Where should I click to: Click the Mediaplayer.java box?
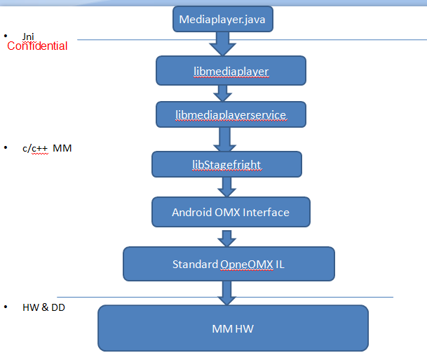[223, 19]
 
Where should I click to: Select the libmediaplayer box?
[231, 71]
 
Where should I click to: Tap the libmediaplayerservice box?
[231, 114]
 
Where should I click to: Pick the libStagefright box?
[226, 164]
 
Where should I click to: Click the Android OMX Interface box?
[231, 212]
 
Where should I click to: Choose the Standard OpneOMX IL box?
[229, 264]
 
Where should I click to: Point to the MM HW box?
[233, 328]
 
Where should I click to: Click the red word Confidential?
[37, 46]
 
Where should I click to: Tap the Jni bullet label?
[28, 36]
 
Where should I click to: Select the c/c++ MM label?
[47, 148]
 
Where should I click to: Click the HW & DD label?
[43, 307]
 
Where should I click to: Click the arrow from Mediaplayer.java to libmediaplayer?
[223, 44]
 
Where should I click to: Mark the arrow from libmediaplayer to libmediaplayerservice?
[223, 93]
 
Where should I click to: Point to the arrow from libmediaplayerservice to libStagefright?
[224, 139]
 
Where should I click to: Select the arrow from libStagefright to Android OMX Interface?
[227, 187]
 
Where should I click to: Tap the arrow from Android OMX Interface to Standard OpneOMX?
[227, 239]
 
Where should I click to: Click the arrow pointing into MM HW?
[227, 293]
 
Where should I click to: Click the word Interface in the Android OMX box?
[266, 213]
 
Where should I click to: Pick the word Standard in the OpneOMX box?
[195, 265]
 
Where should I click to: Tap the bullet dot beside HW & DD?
[6, 307]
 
